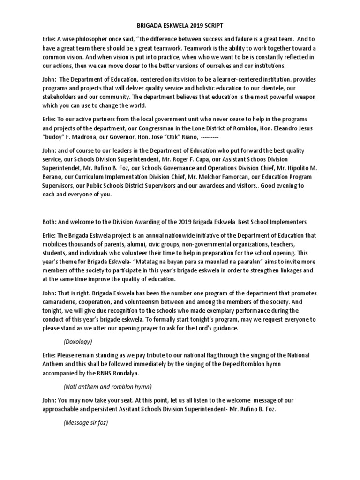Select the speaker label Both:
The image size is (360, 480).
tap(49, 222)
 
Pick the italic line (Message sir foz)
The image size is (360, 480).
tap(86, 422)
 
